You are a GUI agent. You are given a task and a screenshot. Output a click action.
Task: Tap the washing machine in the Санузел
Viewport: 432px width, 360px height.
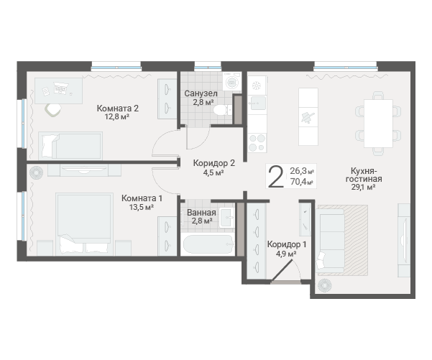coord(231,81)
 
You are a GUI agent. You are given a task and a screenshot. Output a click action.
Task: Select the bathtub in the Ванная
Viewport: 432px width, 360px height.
coord(208,244)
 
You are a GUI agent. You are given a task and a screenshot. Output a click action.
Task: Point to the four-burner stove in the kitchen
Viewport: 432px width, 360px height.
coord(257,143)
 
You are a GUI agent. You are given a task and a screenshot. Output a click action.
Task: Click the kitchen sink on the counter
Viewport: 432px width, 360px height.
coord(258,103)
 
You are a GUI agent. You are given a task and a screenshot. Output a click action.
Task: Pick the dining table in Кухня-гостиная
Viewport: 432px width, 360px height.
coord(378,124)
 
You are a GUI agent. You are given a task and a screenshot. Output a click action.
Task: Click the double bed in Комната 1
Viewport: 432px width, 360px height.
coord(84,223)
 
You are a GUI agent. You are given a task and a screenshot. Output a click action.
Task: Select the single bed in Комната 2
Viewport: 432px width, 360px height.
coord(70,146)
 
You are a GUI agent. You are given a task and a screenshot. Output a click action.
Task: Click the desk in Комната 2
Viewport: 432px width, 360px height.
coord(59,91)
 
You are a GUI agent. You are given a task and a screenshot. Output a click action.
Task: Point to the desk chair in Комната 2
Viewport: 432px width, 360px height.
coord(53,110)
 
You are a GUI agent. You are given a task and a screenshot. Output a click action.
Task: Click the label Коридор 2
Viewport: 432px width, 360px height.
coord(214,163)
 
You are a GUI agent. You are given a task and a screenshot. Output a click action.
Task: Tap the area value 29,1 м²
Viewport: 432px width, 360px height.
coord(364,187)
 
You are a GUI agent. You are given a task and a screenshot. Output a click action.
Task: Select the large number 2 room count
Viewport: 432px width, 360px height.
coord(276,176)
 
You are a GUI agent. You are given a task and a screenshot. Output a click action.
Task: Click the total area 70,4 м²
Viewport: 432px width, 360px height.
coord(302,182)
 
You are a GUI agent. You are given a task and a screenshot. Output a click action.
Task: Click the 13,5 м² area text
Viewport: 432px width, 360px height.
coord(142,207)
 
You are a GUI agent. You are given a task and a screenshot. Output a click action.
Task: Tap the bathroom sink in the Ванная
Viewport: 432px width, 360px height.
coord(226,217)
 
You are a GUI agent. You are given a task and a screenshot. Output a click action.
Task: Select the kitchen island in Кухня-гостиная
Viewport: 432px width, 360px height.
coord(308,116)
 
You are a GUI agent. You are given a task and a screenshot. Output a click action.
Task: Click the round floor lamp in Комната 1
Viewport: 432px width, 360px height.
coord(37,172)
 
